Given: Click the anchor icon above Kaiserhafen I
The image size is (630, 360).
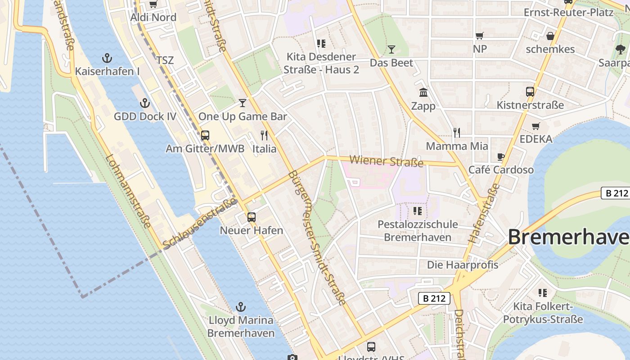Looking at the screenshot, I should (107, 58).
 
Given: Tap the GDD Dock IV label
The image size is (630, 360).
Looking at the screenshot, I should (145, 117).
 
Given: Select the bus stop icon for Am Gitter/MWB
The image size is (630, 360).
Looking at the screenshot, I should (205, 135).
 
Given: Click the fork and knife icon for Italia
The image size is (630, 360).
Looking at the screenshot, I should (264, 135).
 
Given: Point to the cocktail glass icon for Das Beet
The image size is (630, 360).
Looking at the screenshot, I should (391, 49).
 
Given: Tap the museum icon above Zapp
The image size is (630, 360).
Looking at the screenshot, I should (423, 93).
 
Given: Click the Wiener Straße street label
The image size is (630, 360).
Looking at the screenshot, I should (387, 161).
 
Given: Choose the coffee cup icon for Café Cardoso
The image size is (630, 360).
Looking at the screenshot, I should (501, 157).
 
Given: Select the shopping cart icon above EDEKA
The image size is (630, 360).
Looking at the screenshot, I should (535, 126).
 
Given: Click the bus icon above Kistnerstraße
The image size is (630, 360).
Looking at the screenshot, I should (530, 92).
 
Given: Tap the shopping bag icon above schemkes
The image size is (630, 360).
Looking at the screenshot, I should (550, 36).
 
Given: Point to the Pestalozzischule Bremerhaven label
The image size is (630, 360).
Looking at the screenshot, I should (418, 230).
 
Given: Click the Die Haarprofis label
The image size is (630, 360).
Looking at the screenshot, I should (463, 265).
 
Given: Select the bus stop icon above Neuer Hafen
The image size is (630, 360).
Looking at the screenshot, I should (252, 217).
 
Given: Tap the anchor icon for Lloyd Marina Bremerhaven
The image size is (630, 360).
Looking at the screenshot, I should (241, 307).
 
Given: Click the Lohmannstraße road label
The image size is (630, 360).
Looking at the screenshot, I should (128, 191).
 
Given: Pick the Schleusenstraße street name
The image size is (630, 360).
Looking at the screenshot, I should (200, 223).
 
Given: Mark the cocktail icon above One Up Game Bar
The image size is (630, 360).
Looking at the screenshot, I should (243, 103).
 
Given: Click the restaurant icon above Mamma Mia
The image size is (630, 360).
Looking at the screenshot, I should (457, 132).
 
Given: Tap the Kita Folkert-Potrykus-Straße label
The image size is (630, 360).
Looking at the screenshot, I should (543, 313).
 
